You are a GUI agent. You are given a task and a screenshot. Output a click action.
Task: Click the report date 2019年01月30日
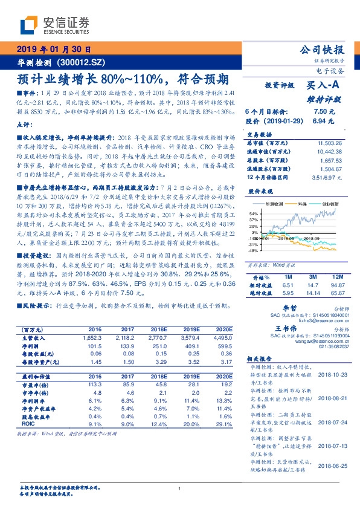(54, 50)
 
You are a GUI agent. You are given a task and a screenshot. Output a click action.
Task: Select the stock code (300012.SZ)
(81, 62)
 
